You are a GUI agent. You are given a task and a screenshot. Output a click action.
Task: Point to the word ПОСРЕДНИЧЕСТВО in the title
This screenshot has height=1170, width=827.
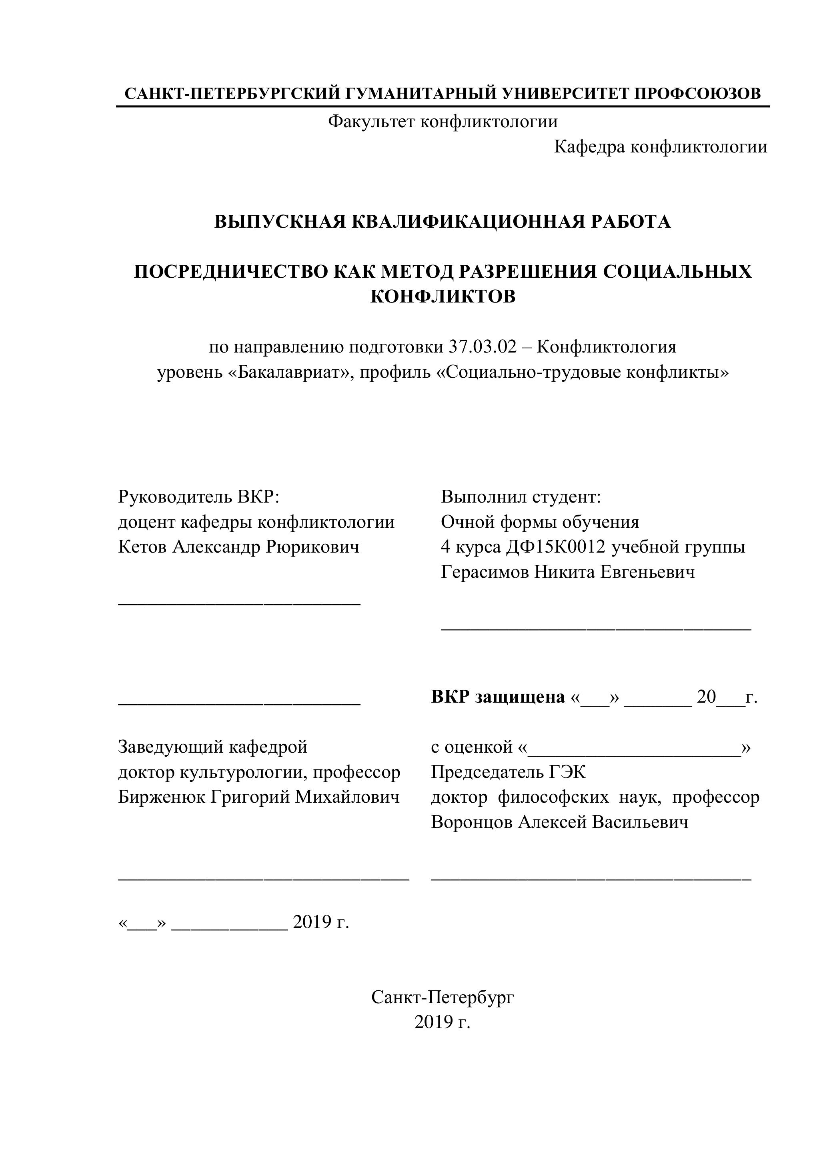(x=231, y=272)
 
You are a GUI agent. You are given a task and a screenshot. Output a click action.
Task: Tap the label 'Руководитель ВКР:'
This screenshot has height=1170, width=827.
(x=199, y=496)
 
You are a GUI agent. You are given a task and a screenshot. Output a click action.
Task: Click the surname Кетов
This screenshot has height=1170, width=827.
(x=143, y=547)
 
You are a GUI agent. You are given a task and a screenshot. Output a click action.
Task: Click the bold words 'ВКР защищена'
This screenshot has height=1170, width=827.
(x=498, y=697)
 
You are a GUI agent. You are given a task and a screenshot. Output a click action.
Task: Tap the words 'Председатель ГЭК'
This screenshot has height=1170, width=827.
(x=508, y=772)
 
